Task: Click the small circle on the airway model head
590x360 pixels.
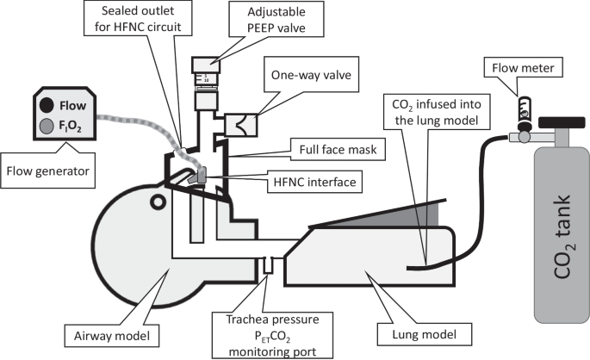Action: pos(158,202)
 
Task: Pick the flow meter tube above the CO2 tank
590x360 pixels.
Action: pos(523,104)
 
